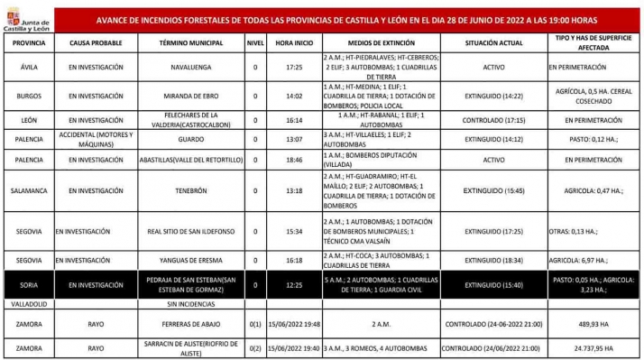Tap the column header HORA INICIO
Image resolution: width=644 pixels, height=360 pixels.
(288, 43)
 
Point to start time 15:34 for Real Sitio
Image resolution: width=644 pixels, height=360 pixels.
(288, 230)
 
